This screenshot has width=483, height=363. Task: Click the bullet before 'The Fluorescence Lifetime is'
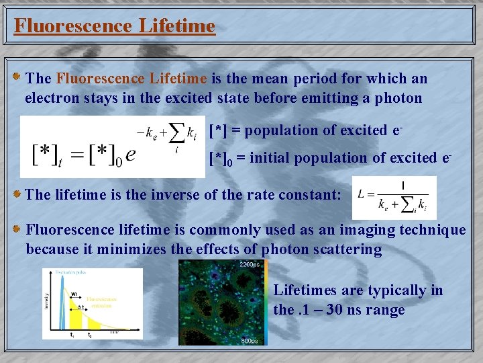click(x=17, y=79)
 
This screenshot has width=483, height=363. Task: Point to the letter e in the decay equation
click(x=131, y=154)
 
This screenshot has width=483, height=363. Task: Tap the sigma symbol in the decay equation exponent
click(x=176, y=131)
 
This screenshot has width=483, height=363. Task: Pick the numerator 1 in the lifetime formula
click(x=402, y=185)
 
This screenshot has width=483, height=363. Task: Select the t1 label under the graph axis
click(x=72, y=334)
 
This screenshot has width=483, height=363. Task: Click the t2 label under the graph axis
click(x=90, y=334)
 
